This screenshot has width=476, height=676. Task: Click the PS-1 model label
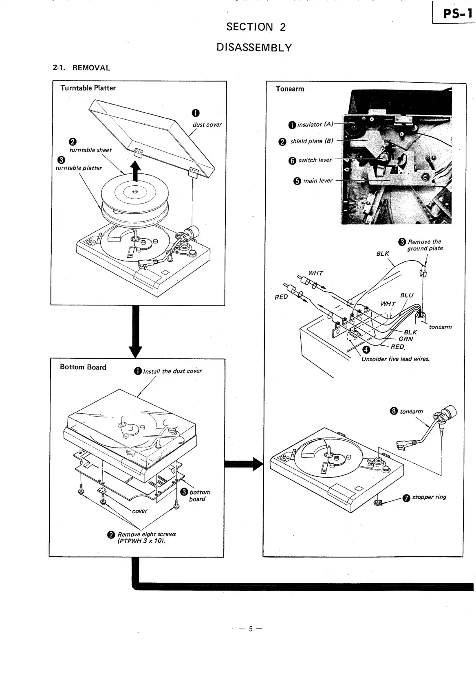[458, 14]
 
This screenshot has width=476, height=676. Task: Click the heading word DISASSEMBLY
[254, 48]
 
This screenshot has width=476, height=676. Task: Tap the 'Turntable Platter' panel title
[88, 88]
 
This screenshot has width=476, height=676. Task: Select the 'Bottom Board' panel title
[83, 367]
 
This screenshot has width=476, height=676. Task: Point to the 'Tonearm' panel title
[290, 89]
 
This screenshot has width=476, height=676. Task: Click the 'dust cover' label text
[207, 125]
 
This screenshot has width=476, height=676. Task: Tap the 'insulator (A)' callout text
[315, 124]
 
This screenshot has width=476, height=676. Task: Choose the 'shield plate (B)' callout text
[311, 141]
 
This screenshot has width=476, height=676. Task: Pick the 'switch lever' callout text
[315, 160]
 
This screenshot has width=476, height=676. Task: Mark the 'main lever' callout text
[317, 180]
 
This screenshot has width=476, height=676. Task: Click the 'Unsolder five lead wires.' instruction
[395, 359]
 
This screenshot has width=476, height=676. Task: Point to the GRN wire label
[405, 339]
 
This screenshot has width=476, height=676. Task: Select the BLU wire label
[406, 295]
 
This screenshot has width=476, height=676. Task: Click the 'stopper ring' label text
[429, 497]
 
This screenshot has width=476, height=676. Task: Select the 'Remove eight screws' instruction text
[147, 534]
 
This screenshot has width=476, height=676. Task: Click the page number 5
[251, 629]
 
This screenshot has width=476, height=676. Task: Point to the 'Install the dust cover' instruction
[172, 371]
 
